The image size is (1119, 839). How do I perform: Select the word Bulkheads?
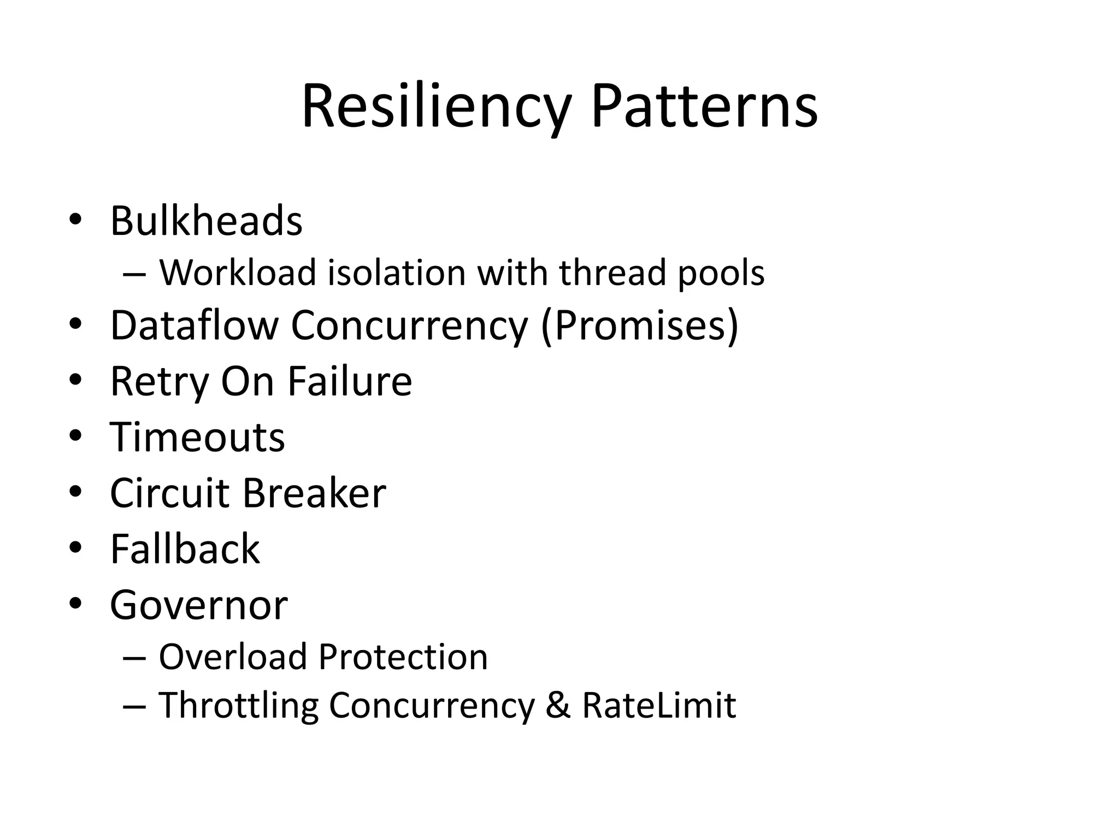[206, 221]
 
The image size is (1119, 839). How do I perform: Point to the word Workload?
[238, 272]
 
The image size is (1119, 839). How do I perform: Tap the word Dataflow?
[194, 326]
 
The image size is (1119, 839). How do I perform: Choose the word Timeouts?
[197, 437]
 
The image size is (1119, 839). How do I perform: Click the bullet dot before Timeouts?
[75, 436]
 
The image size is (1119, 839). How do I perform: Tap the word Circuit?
[169, 493]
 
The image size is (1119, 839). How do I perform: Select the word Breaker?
[314, 493]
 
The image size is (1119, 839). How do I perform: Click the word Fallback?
[185, 548]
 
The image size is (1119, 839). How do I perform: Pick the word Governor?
[198, 605]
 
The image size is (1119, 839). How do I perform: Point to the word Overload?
[233, 657]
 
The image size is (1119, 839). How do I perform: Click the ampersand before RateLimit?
[558, 705]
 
